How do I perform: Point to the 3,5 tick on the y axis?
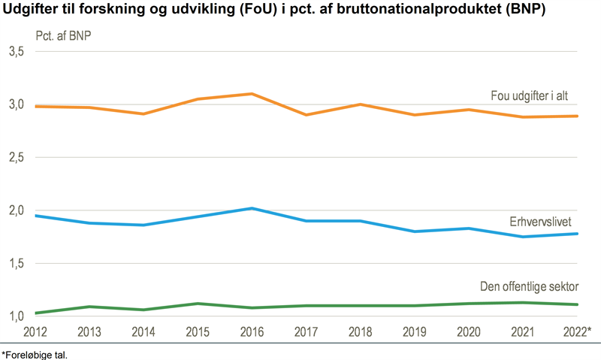pos(17,52)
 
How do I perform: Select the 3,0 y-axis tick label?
pos(17,104)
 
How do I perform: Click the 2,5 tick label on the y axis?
pos(17,158)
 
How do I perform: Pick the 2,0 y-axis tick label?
pos(17,211)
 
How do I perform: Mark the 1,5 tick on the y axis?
pos(17,264)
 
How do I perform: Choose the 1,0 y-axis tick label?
pos(17,316)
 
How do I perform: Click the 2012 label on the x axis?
pos(36,331)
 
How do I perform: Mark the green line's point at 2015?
pos(197,304)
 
